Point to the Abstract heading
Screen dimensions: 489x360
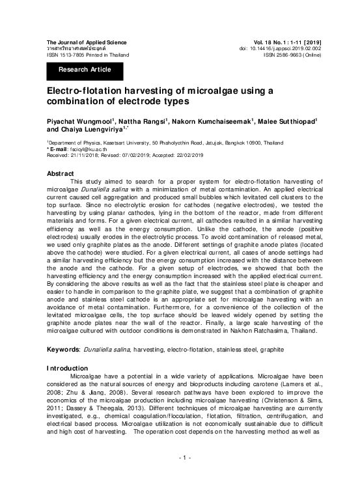coord(61,173)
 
